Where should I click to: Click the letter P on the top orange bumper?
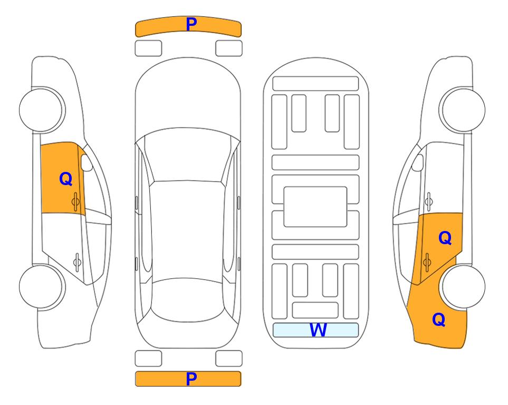tap(191, 24)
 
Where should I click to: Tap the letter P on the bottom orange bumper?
tap(191, 379)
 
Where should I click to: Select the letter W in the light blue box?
tap(318, 330)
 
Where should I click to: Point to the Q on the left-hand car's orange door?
tap(65, 179)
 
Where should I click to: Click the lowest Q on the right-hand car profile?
tap(438, 320)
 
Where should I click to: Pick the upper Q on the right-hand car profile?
tap(445, 238)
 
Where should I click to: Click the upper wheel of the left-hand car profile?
tap(41, 109)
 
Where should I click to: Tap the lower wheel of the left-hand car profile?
tap(41, 286)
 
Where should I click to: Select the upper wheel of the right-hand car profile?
tap(463, 109)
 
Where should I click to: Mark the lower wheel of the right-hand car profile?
tap(463, 286)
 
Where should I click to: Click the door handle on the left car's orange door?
tap(76, 200)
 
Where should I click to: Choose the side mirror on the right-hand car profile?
tap(417, 162)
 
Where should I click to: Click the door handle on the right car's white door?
tap(428, 200)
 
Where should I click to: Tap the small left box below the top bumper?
tap(148, 48)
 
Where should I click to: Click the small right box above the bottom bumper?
tap(229, 358)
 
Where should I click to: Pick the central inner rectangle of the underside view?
tap(315, 207)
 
